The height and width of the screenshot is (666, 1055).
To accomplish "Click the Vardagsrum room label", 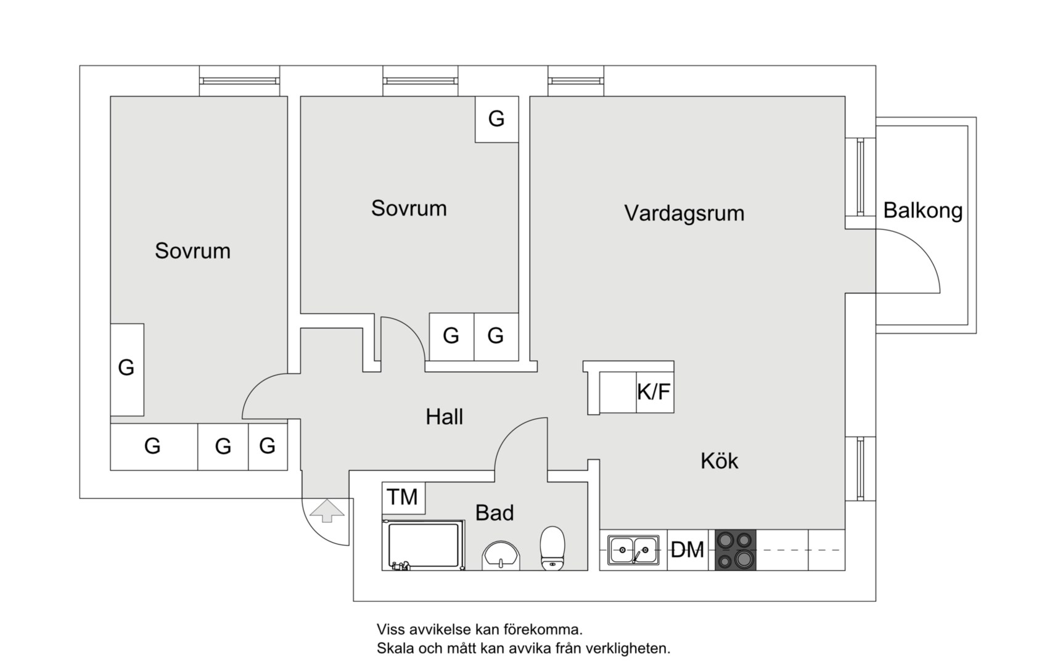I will click(x=684, y=213).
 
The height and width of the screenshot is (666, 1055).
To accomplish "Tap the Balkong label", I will click(x=922, y=211).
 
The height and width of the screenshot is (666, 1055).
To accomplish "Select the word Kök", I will click(x=719, y=461).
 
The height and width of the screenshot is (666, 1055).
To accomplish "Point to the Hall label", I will click(x=444, y=417).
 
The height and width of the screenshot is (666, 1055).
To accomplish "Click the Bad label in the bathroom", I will click(x=494, y=512).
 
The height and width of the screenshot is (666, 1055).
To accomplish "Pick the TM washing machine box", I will click(x=403, y=497).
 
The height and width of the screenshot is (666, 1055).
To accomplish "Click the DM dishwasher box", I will click(x=688, y=549).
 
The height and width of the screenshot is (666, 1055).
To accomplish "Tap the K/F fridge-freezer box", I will click(x=654, y=392).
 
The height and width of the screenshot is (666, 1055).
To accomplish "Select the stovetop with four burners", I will click(x=735, y=549).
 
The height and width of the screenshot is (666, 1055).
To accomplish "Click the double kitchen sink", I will click(x=633, y=549).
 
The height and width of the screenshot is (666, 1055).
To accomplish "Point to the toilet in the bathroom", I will click(x=552, y=548).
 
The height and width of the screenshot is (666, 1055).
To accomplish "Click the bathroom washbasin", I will click(x=501, y=556).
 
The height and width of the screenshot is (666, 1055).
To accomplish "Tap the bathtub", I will click(x=422, y=545).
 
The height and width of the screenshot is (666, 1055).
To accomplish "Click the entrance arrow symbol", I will click(x=327, y=511).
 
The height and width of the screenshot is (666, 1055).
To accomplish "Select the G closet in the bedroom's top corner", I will click(x=496, y=118).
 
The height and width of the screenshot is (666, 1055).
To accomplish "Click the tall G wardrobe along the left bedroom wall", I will click(x=126, y=369).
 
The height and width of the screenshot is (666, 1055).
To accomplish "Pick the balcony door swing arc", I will click(x=922, y=256).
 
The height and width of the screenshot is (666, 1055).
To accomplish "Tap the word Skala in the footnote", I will click(x=395, y=649).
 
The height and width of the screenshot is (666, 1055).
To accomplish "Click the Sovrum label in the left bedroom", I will click(x=192, y=251).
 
